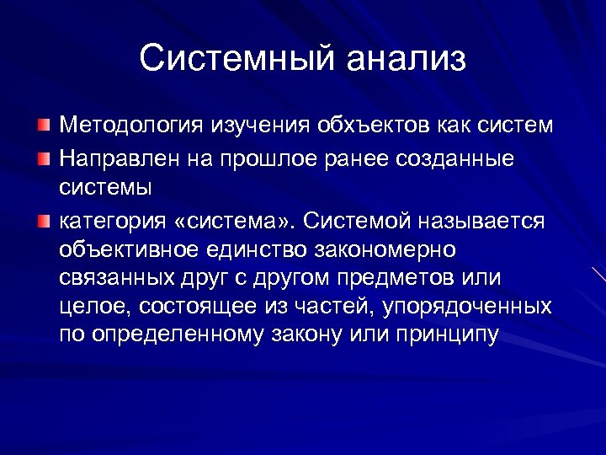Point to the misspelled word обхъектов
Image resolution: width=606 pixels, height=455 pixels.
[375, 126]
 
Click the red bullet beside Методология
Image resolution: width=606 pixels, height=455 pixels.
[44, 126]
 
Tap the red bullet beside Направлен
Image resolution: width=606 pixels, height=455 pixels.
[44, 158]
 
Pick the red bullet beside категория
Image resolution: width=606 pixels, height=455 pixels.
[44, 221]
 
